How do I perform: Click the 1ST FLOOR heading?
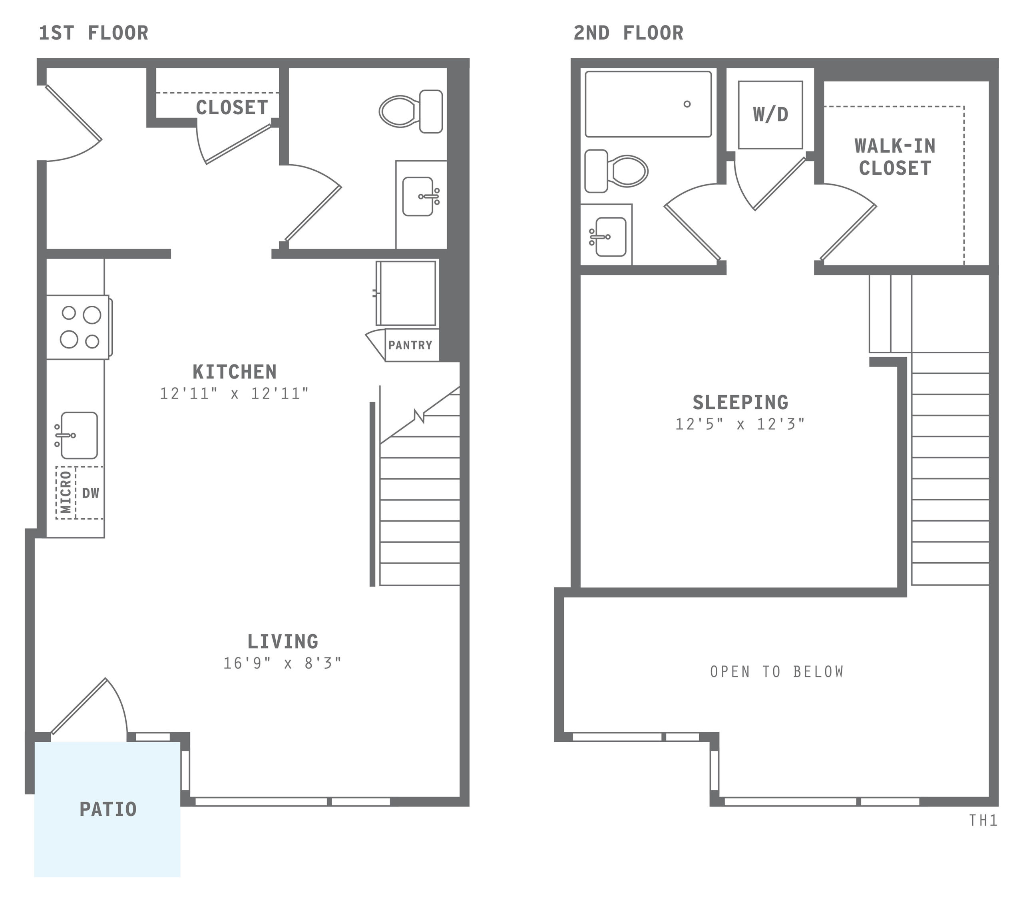click(x=94, y=34)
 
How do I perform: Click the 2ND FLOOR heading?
click(x=628, y=34)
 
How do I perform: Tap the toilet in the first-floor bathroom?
click(x=410, y=111)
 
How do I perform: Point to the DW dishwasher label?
click(x=91, y=493)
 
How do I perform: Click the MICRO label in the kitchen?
click(x=66, y=492)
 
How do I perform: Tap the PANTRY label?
click(x=410, y=345)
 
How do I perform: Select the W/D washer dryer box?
click(x=770, y=115)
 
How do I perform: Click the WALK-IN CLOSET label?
click(x=895, y=157)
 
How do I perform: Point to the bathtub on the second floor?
click(x=648, y=104)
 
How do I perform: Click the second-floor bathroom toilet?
click(x=617, y=171)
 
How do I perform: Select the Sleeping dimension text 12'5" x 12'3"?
click(x=740, y=424)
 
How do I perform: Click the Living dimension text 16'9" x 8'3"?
click(x=282, y=663)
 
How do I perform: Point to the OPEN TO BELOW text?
click(x=777, y=672)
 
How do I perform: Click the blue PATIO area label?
click(x=108, y=809)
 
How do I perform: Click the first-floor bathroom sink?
click(x=418, y=196)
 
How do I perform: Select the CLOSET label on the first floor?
click(x=232, y=108)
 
